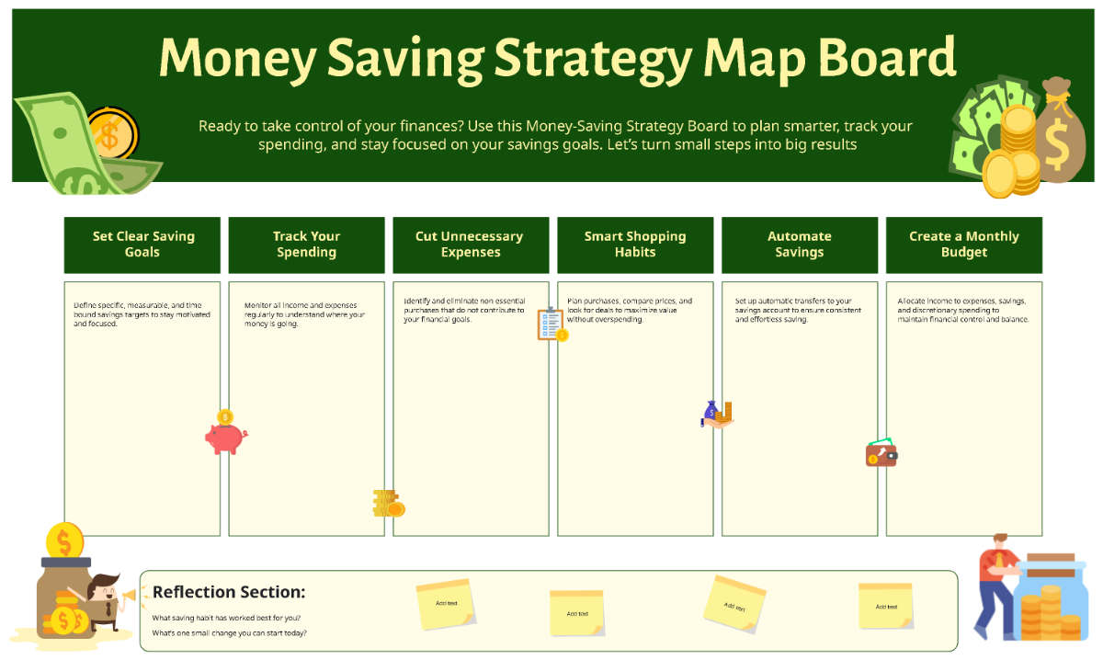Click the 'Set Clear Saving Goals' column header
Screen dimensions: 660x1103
tap(142, 245)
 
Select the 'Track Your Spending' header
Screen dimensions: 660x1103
tap(306, 245)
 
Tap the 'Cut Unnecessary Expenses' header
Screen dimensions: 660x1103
tap(470, 245)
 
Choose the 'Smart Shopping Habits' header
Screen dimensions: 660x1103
tap(635, 245)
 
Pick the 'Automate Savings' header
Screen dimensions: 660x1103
tap(799, 245)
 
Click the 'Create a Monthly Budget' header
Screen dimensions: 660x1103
tap(963, 245)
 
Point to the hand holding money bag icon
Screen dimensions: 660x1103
tap(717, 415)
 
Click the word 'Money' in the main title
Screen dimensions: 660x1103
tap(234, 59)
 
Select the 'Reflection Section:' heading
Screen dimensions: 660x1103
tap(229, 593)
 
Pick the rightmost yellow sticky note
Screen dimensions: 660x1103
tap(885, 606)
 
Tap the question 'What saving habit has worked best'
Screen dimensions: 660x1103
tap(226, 618)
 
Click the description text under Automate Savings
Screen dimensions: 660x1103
tap(798, 310)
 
